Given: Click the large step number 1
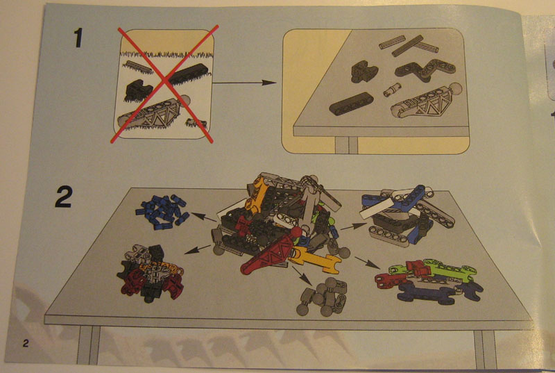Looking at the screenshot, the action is coord(78,38).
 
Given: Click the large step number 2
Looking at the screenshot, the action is coord(64,197).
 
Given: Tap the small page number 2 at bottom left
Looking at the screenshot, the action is coord(26,343).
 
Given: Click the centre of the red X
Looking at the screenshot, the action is coord(165,84).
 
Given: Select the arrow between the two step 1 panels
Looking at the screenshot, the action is coord(244,83).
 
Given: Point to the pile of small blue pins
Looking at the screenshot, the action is coord(162,211).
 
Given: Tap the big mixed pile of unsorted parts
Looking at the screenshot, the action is coord(280,223).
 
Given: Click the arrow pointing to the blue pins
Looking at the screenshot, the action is coord(203,217).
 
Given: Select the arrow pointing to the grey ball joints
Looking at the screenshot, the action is coord(302,275).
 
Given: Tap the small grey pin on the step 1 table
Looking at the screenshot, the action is coord(392,90).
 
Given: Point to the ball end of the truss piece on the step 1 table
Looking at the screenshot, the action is coord(456,88).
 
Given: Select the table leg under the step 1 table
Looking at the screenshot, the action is coord(346,145).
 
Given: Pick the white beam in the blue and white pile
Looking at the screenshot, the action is coord(377,209).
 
